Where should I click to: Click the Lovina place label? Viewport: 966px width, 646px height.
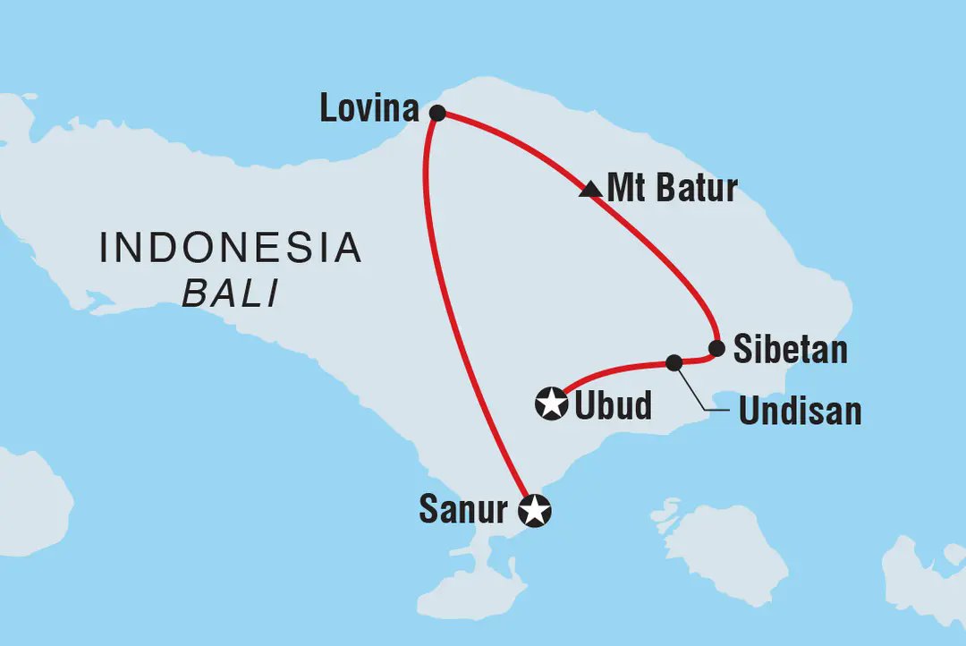pyautogui.click(x=369, y=110)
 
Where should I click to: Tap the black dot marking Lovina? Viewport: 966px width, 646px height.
pyautogui.click(x=437, y=113)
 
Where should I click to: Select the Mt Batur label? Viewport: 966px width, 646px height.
pyautogui.click(x=672, y=189)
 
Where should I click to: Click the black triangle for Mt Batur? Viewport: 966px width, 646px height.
pyautogui.click(x=589, y=189)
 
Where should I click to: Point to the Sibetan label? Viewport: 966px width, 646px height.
pyautogui.click(x=790, y=350)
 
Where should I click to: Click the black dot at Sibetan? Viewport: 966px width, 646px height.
pyautogui.click(x=716, y=347)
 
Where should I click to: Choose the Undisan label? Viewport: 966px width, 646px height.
pyautogui.click(x=800, y=411)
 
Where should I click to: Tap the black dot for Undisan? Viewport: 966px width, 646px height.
pyautogui.click(x=674, y=362)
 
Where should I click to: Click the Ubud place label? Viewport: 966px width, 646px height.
pyautogui.click(x=613, y=406)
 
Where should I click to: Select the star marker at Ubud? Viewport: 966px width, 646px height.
pyautogui.click(x=551, y=404)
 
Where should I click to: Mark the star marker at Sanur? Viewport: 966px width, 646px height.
pyautogui.click(x=535, y=511)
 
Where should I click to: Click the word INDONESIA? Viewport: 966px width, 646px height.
pyautogui.click(x=231, y=247)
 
